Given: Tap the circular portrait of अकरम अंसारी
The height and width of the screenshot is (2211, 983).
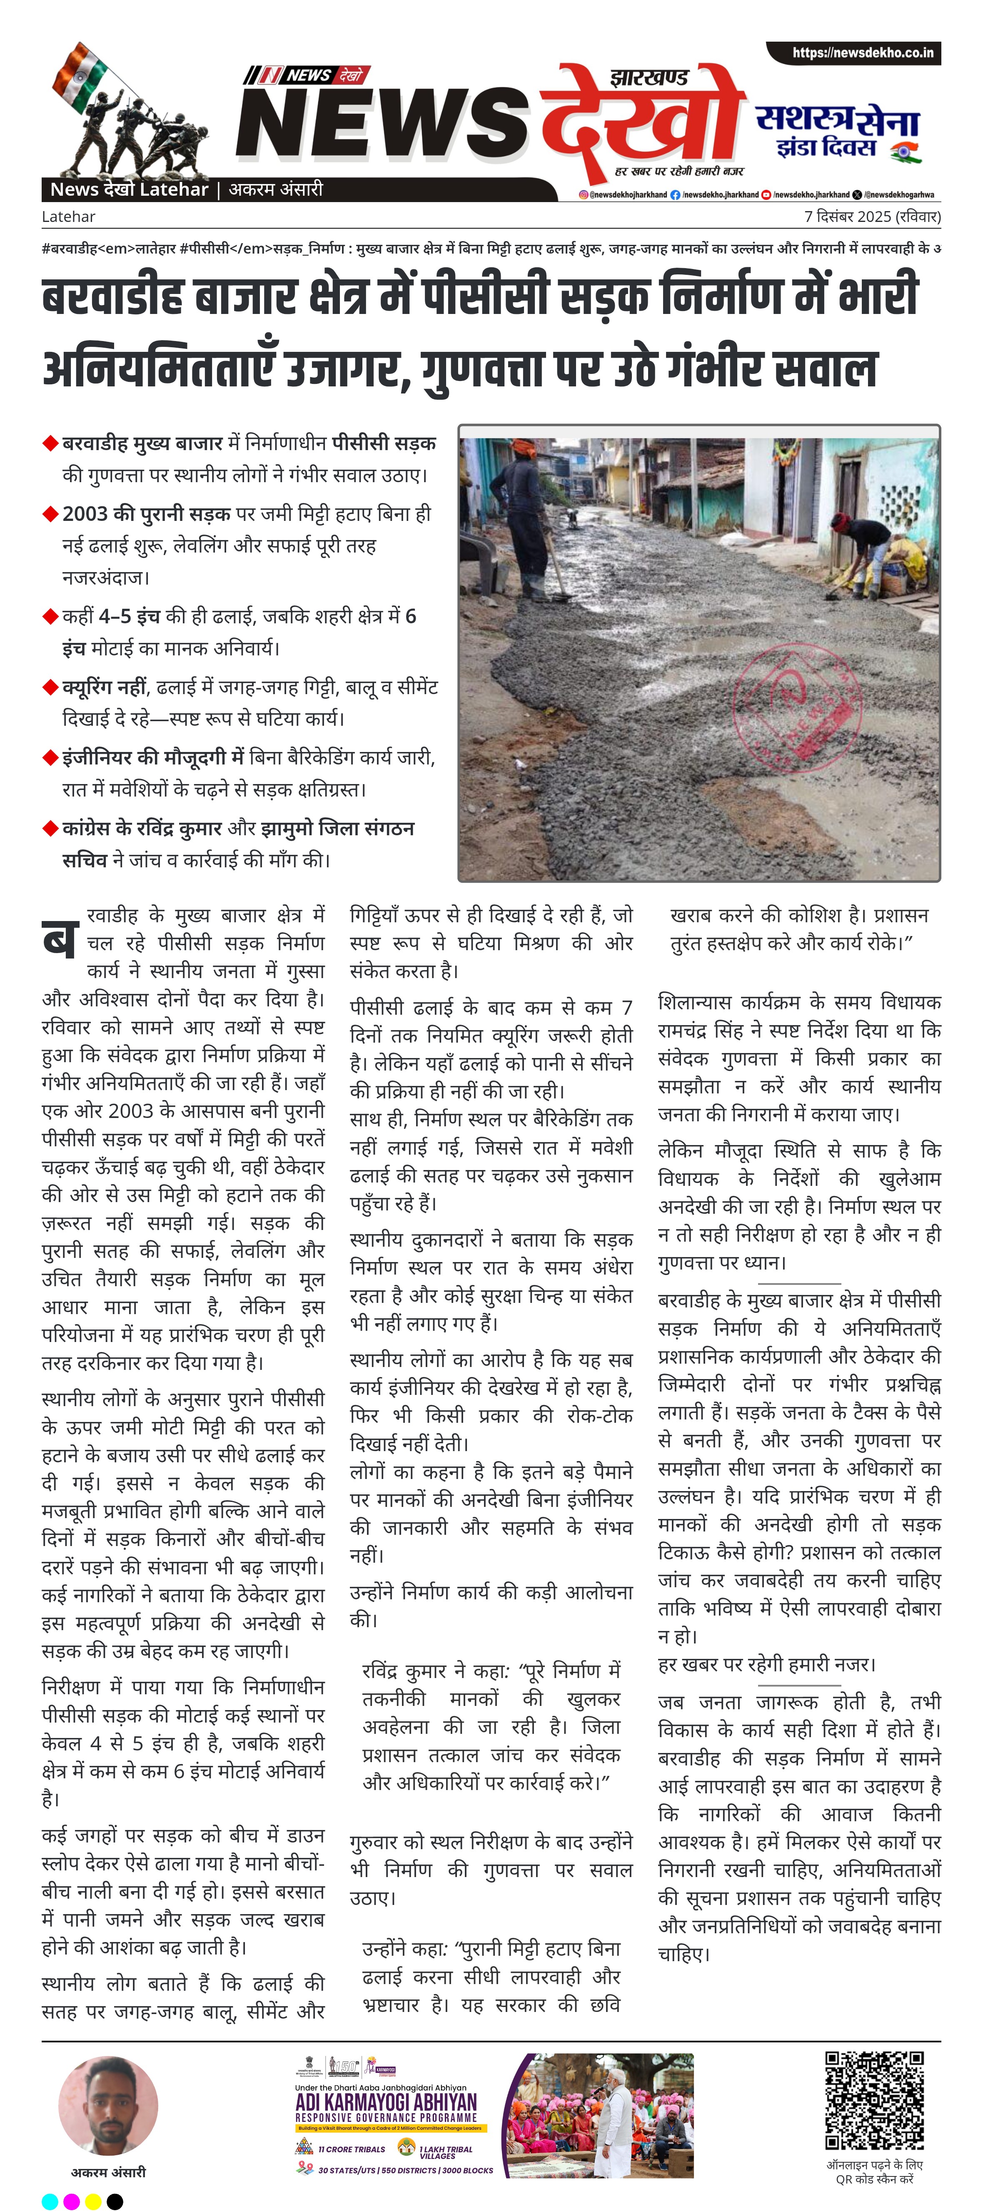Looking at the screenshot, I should [x=108, y=2105].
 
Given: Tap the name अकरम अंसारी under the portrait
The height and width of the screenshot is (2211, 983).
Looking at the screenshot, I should [x=108, y=2171].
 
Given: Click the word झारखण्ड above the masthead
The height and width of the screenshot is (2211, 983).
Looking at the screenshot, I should [x=649, y=78].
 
